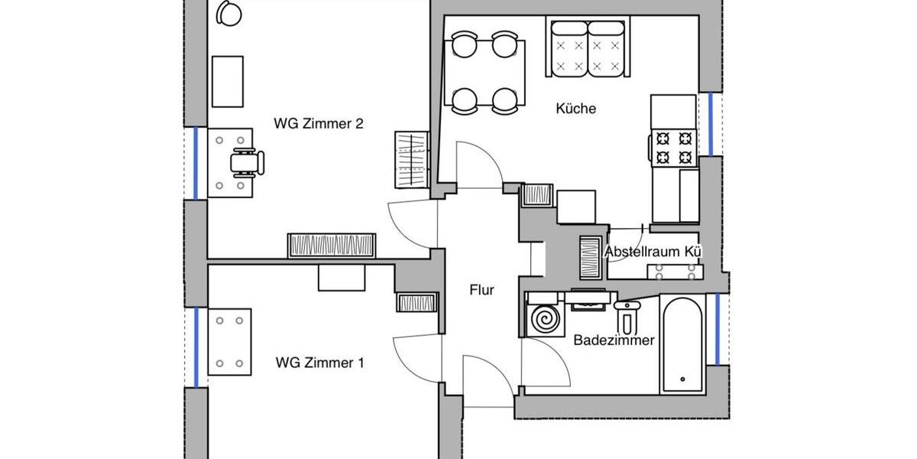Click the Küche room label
pos(575,109)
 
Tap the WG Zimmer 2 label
pos(318,123)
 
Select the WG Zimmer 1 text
pos(319,363)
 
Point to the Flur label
pos(481,290)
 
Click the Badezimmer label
pos(614,340)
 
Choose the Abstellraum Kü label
pos(653,251)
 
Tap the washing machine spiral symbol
pos(546,318)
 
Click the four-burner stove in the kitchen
pos(673,148)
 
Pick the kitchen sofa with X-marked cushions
pos(586,49)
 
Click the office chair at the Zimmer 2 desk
pos(247,161)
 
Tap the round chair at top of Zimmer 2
pos(228,12)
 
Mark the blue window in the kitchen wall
pos(711,123)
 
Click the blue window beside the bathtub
pos(718,328)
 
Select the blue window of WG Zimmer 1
pos(196,347)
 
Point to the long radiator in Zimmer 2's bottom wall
pos(332,245)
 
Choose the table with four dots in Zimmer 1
pos(229,342)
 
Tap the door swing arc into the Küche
pos(478,162)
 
